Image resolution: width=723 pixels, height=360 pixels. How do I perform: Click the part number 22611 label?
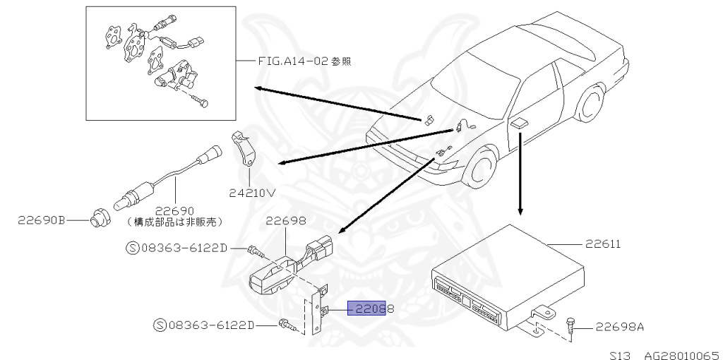pyautogui.click(x=603, y=244)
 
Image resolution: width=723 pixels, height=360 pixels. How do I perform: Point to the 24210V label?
pyautogui.click(x=251, y=191)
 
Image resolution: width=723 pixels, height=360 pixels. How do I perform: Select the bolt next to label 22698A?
pyautogui.click(x=570, y=325)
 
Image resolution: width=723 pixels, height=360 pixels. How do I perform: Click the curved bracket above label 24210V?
pyautogui.click(x=244, y=151)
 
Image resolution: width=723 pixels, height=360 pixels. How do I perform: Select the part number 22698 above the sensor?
pyautogui.click(x=285, y=221)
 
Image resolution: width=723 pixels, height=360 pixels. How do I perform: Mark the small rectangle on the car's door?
pyautogui.click(x=520, y=123)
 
